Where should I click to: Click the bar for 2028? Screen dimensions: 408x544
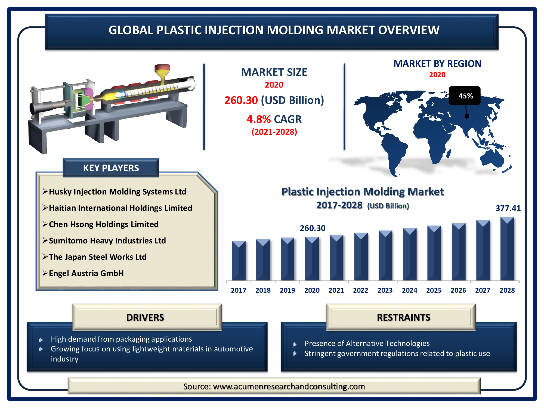click(x=507, y=250)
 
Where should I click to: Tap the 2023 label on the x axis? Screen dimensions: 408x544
click(x=385, y=290)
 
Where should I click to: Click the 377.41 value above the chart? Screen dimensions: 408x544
click(x=508, y=208)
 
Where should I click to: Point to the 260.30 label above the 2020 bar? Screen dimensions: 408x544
click(x=313, y=228)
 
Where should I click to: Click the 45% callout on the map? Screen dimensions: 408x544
click(x=465, y=96)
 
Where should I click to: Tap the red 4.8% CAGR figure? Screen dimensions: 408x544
click(x=258, y=119)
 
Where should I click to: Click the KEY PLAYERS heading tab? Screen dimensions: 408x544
click(x=111, y=168)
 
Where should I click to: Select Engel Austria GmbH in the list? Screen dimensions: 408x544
click(x=86, y=273)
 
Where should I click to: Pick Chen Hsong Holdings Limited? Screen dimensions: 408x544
click(x=104, y=224)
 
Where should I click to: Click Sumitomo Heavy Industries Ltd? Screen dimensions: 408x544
click(x=107, y=240)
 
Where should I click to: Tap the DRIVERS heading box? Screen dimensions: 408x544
click(x=145, y=317)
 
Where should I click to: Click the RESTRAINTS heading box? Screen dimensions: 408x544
click(x=403, y=317)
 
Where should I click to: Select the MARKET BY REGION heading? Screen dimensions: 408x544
click(x=437, y=64)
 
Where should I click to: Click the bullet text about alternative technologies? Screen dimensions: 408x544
click(x=367, y=344)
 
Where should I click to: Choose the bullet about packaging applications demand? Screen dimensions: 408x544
click(x=121, y=339)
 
